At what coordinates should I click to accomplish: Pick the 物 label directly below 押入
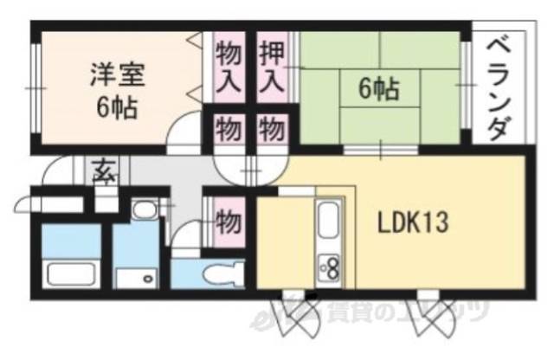(271, 132)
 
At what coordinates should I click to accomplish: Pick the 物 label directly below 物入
(227, 132)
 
